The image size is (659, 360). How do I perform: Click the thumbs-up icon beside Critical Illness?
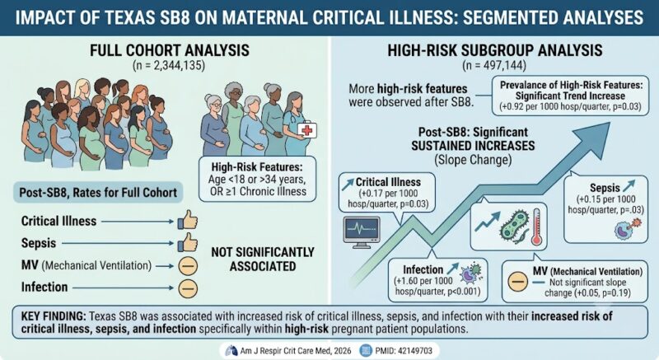(x=188, y=220)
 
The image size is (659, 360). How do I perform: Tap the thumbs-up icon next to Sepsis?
(x=188, y=242)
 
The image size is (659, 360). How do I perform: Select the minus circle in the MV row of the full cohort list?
(x=188, y=266)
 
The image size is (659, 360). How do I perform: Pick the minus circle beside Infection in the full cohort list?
(x=188, y=288)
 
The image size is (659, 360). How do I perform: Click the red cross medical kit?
(x=307, y=130)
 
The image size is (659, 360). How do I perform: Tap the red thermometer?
(x=536, y=227)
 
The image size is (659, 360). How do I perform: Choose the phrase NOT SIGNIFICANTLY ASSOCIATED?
(x=263, y=259)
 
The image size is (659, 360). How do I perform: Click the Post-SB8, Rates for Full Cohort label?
(x=98, y=193)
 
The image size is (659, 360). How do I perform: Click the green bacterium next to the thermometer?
(x=514, y=227)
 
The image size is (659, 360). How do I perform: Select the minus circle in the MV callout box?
(x=518, y=282)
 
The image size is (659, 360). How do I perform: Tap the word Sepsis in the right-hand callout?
(x=605, y=188)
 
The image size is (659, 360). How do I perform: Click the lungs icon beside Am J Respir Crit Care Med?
(x=231, y=351)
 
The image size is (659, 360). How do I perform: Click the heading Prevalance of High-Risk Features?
(x=571, y=86)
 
